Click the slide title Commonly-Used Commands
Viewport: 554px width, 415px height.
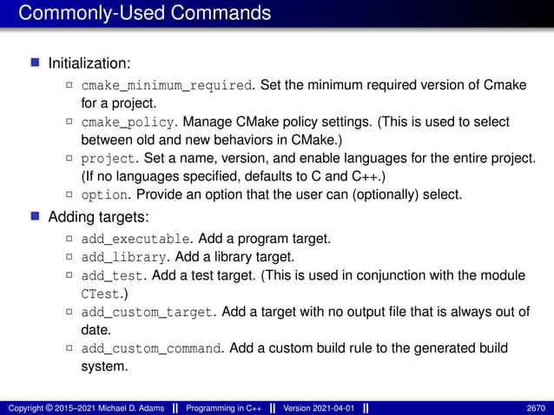point(144,13)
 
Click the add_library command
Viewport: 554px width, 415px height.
point(123,257)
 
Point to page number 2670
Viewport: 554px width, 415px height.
point(537,408)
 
